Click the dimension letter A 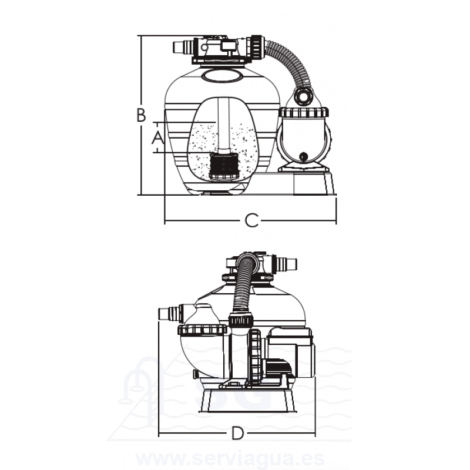tap(157, 137)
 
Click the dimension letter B tap(141, 115)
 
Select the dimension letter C tap(251, 221)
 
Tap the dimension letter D tap(238, 434)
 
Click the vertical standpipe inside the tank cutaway tap(223, 125)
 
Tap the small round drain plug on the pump tap(304, 156)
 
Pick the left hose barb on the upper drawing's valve tap(183, 48)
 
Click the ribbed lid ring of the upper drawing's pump tap(304, 112)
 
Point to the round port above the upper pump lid tap(304, 96)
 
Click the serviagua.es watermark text tap(230, 459)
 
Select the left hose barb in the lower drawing tap(170, 313)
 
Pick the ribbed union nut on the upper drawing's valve tap(257, 48)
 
